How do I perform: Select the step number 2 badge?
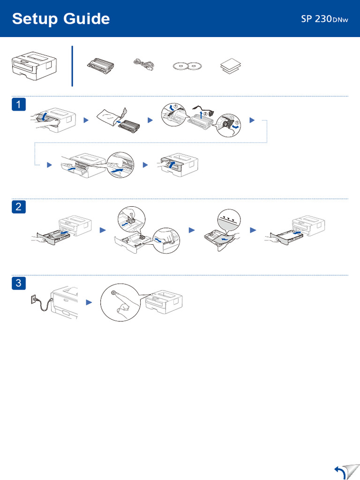[18, 206]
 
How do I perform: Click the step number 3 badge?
[18, 283]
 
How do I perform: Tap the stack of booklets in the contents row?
[230, 67]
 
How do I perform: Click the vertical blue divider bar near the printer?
[72, 66]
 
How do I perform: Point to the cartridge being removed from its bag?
[126, 126]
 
